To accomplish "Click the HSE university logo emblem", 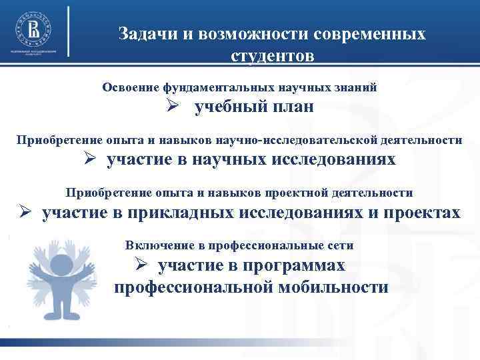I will coord(33,27).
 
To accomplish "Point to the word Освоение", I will coord(131,87).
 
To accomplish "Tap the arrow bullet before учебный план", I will coord(171,107).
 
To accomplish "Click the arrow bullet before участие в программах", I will coord(141,265).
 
